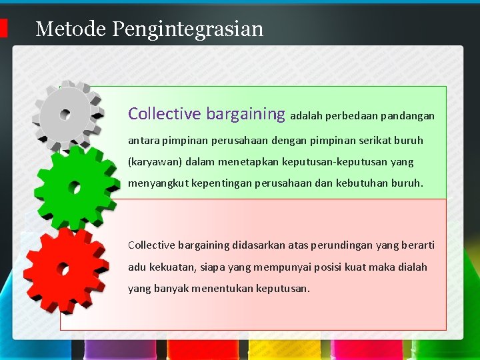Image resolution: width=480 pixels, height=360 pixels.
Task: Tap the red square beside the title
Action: pyautogui.click(x=3, y=28)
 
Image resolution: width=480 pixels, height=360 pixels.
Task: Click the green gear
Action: pyautogui.click(x=75, y=188)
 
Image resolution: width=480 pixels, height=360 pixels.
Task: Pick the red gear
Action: pyautogui.click(x=65, y=269)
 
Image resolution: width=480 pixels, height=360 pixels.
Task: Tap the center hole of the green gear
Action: pyautogui.click(x=75, y=189)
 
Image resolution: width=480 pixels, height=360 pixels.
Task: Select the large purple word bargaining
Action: pyautogui.click(x=245, y=114)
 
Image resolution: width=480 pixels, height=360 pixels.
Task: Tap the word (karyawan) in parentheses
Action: pyautogui.click(x=155, y=162)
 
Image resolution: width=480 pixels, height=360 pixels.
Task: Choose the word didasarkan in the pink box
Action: pyautogui.click(x=258, y=245)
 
